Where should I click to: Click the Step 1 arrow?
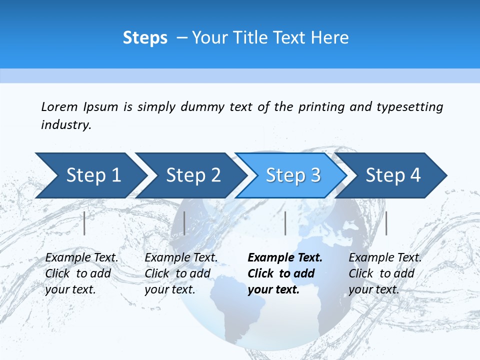pyautogui.click(x=90, y=175)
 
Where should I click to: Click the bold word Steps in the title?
pyautogui.click(x=145, y=38)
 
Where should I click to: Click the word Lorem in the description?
pyautogui.click(x=59, y=106)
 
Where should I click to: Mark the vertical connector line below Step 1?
pyautogui.click(x=84, y=223)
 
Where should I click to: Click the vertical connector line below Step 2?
pyautogui.click(x=184, y=223)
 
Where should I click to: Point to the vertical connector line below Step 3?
pyautogui.click(x=285, y=223)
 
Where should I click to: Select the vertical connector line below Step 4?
pyautogui.click(x=386, y=223)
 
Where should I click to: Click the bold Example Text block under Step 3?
pyautogui.click(x=284, y=273)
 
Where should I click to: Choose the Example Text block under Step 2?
pyautogui.click(x=180, y=273)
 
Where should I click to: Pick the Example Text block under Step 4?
pyautogui.click(x=384, y=273)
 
